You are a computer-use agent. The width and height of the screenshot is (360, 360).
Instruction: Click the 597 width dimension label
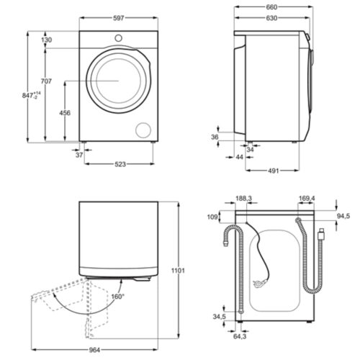[118, 18]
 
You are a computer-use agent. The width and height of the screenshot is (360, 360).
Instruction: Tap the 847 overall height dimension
[31, 95]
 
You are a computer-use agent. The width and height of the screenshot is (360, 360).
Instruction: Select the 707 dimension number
[46, 81]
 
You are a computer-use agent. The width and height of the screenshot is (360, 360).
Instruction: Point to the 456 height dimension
[65, 112]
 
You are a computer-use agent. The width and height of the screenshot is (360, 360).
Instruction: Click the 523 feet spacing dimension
[120, 164]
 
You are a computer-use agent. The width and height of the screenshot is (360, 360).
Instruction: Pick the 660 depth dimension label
[271, 7]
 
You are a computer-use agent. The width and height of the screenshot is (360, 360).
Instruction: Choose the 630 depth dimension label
[271, 18]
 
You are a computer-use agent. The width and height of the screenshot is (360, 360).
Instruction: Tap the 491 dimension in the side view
[273, 171]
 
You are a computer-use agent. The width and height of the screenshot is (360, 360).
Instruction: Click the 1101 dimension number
[178, 271]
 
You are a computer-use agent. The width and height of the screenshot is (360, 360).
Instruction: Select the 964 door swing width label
[94, 350]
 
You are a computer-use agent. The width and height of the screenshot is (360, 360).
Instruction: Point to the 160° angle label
[117, 297]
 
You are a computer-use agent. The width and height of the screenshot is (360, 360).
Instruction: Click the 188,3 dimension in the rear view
[243, 199]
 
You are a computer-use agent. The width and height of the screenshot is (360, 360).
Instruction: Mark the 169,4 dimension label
[307, 199]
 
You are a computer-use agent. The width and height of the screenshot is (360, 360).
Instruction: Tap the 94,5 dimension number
[343, 216]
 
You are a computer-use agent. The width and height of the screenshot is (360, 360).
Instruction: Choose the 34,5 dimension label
[219, 317]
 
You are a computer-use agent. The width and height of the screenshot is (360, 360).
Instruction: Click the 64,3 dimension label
[240, 336]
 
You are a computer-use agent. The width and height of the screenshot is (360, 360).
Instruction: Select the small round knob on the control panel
[118, 38]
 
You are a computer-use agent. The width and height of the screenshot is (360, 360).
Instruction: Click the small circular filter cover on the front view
[143, 130]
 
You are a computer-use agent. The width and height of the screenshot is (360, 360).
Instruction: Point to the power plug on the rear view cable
[258, 284]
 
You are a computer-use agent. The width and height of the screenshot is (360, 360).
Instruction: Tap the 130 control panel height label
[46, 40]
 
